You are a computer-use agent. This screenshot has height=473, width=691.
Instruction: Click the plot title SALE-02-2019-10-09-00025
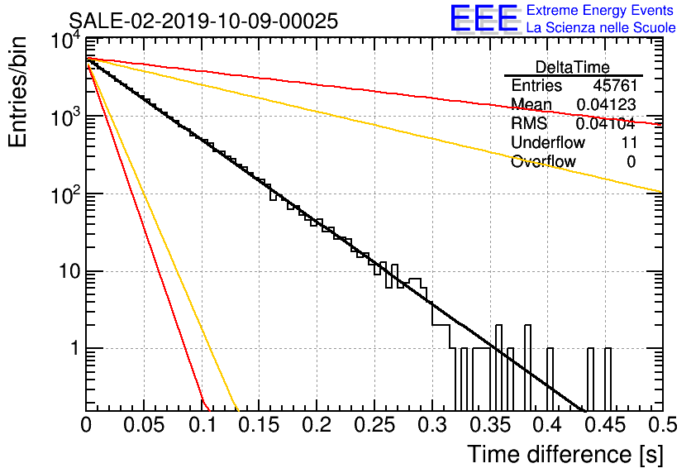tap(203, 21)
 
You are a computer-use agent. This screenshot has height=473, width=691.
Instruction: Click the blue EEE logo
tap(484, 18)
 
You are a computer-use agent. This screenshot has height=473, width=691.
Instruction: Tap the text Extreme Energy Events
tap(600, 10)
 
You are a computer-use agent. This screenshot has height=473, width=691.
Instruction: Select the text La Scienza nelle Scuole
tap(601, 28)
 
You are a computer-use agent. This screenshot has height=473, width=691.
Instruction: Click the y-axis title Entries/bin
tap(17, 92)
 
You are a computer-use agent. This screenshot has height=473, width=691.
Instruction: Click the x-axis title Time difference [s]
tap(565, 454)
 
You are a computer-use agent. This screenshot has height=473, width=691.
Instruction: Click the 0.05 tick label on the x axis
tap(144, 425)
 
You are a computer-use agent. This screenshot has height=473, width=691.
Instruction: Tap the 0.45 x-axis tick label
tap(605, 425)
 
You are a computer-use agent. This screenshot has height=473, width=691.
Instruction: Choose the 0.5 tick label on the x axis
tap(662, 425)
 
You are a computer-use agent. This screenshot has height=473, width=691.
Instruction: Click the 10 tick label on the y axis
tap(70, 271)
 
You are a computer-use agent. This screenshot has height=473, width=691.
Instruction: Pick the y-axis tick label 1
tap(75, 349)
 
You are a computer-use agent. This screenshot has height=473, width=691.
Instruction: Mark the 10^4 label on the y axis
tap(65, 41)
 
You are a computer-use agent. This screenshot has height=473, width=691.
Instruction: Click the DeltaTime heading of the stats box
tap(573, 67)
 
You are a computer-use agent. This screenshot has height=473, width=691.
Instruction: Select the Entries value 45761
tap(615, 85)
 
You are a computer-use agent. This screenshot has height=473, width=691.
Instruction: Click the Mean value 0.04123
tap(607, 104)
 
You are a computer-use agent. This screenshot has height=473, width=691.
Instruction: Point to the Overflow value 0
tap(631, 162)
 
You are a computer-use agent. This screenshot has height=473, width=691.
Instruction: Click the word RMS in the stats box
tap(529, 124)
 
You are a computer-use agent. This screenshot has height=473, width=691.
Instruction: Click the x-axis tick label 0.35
tap(489, 425)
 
